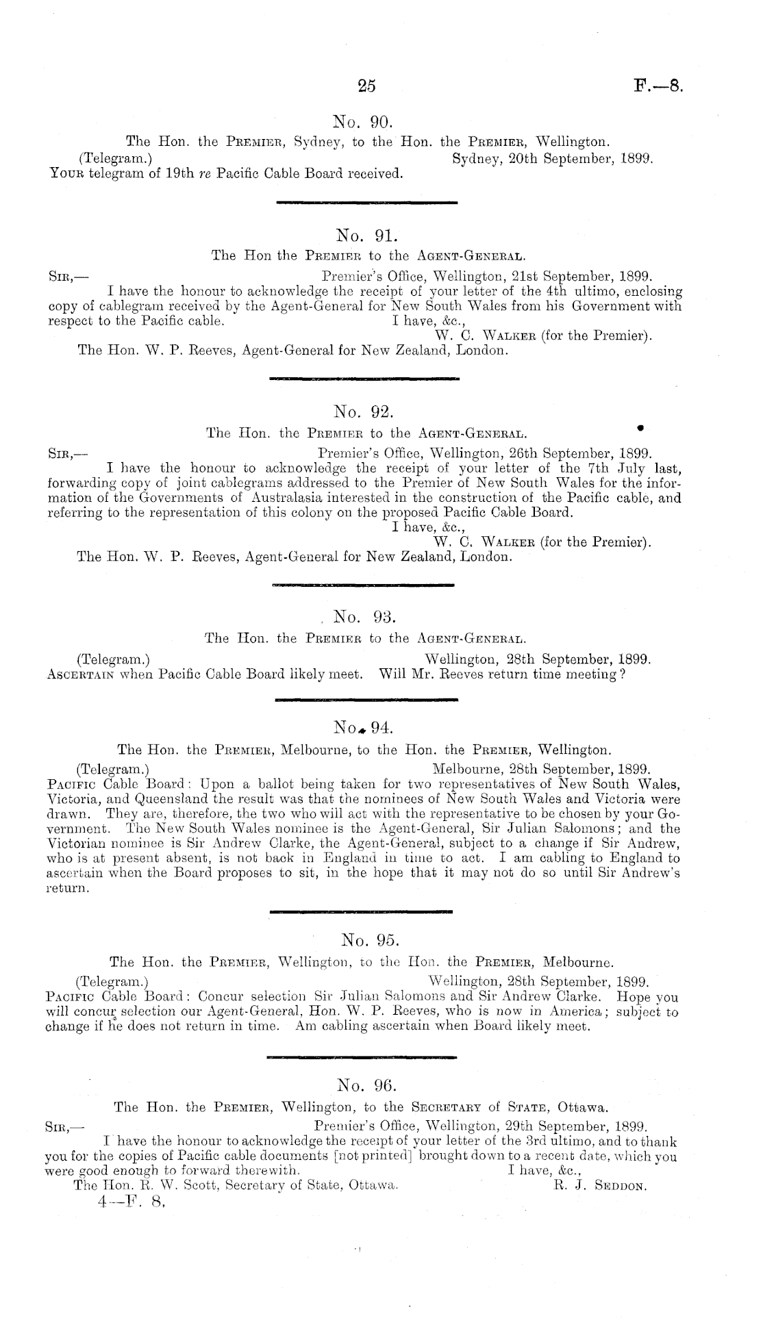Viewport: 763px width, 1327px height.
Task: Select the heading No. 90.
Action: pos(362,123)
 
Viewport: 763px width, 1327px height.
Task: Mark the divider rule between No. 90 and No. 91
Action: pos(366,202)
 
